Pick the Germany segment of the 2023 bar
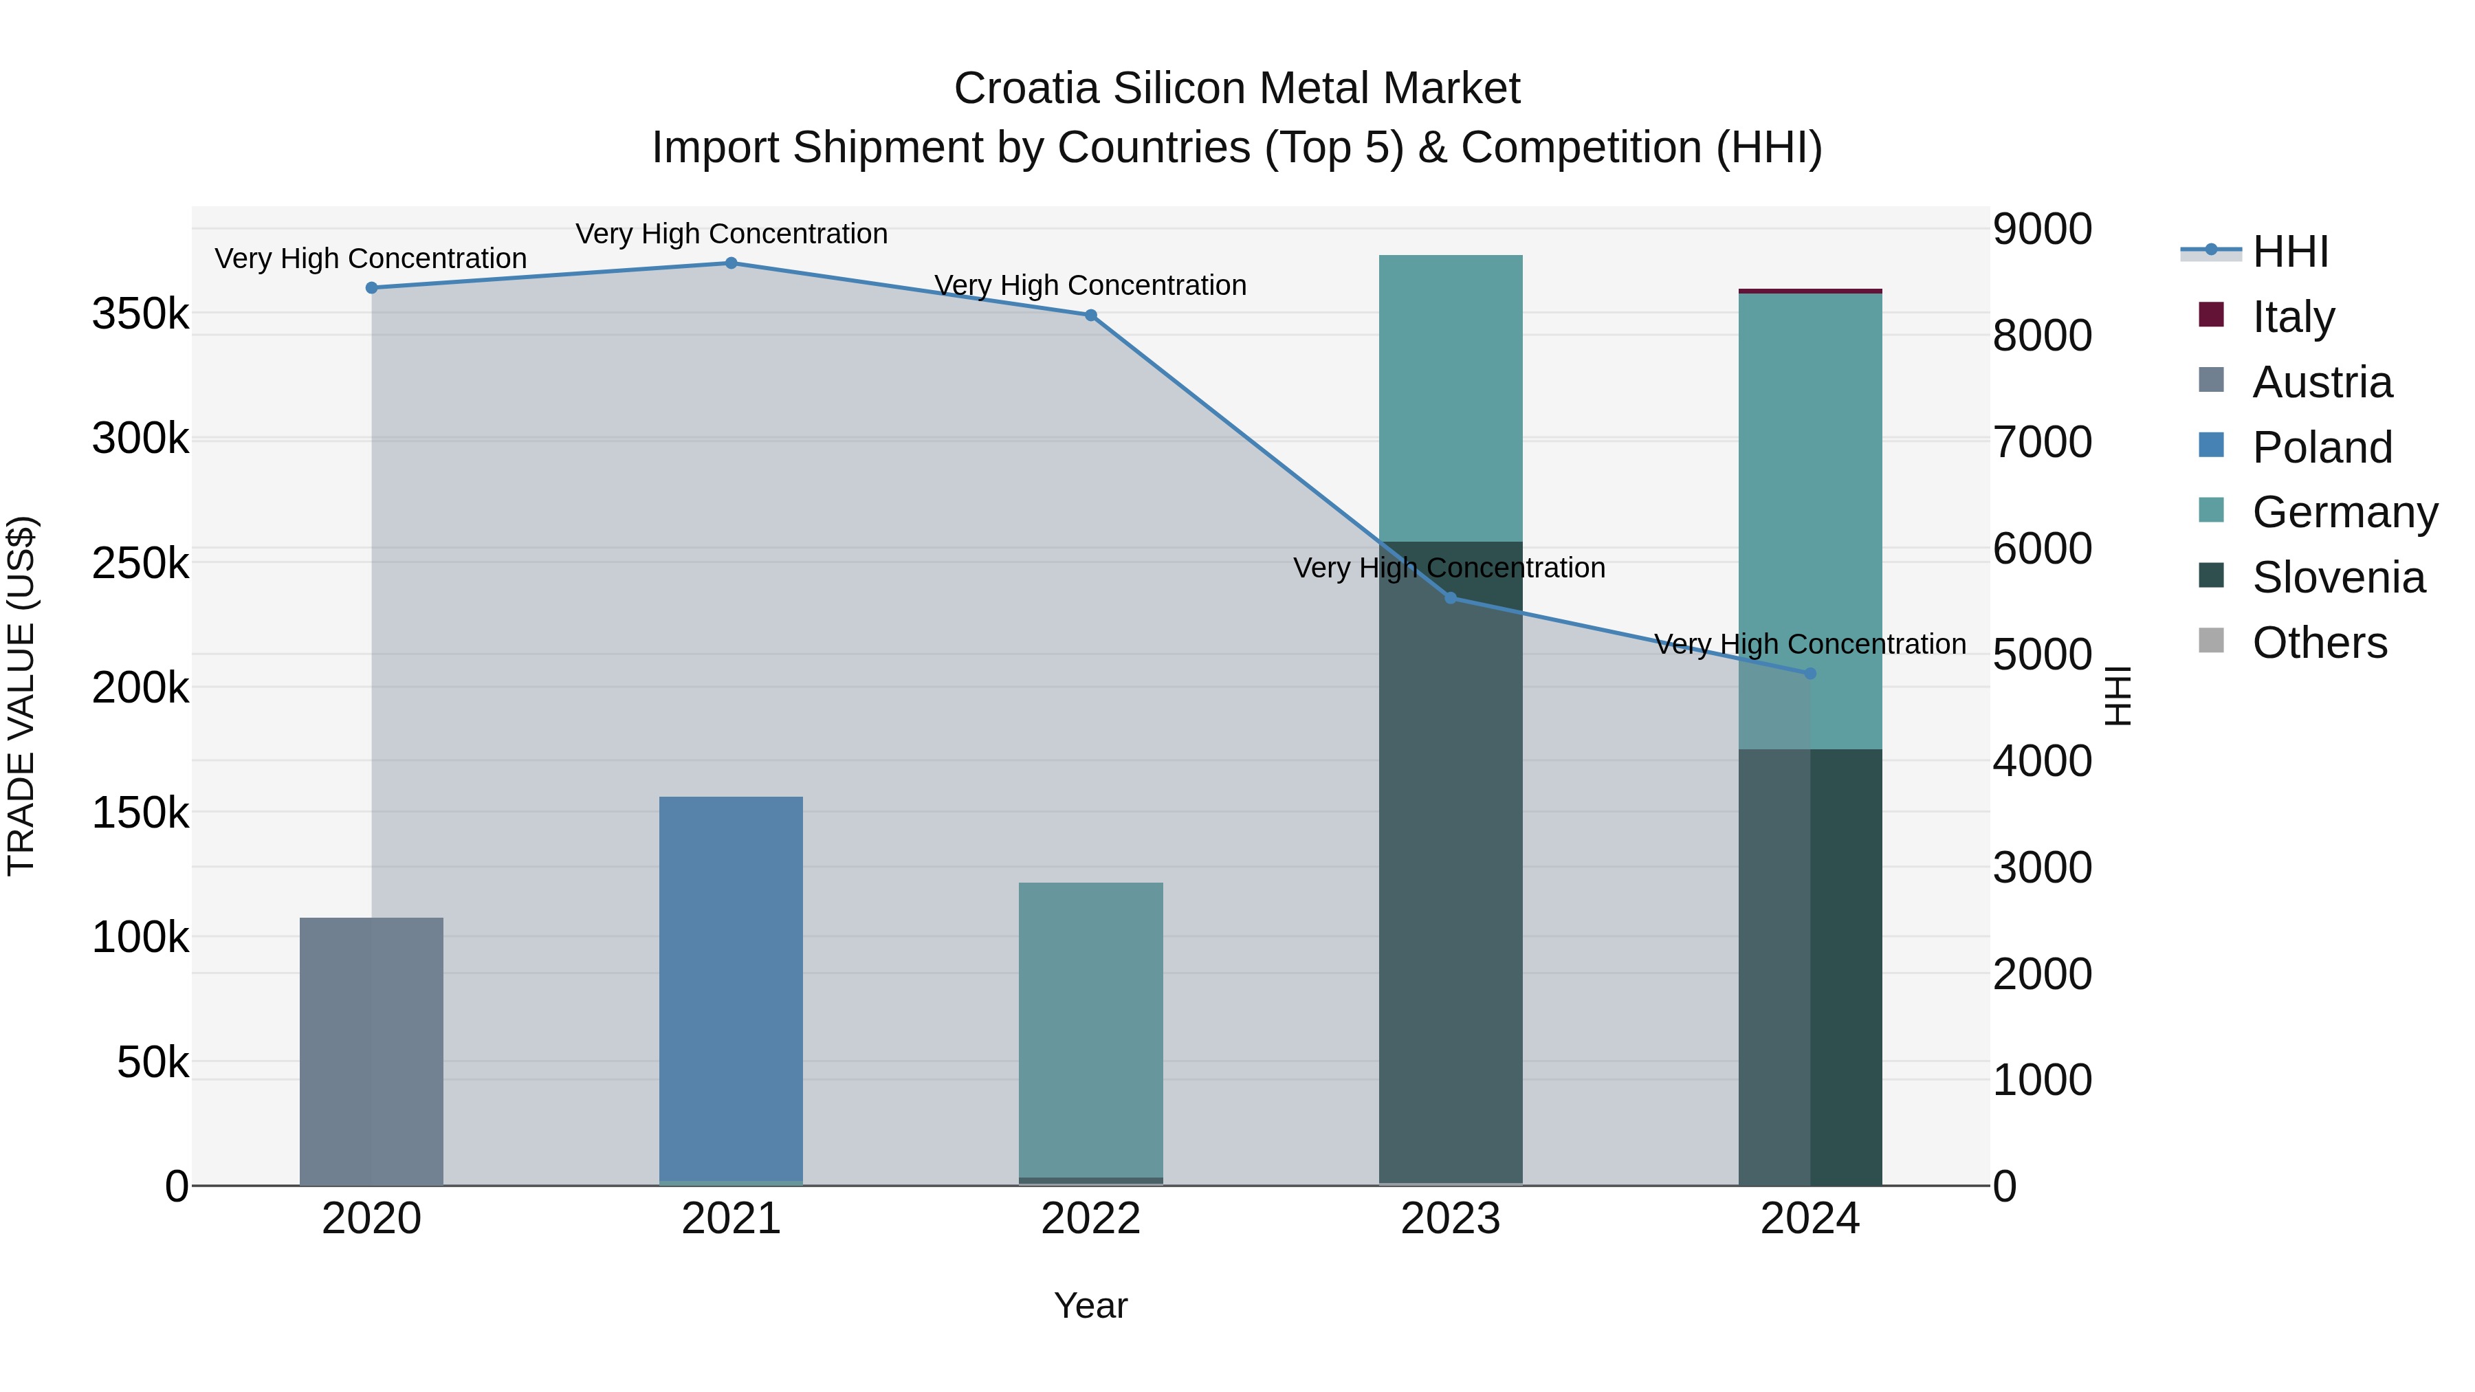click(x=1450, y=398)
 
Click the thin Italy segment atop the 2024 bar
click(x=1809, y=290)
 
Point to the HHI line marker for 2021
click(x=731, y=263)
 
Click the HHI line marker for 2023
click(x=1451, y=599)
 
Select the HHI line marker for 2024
click(x=1810, y=674)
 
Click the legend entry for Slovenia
click(x=2337, y=577)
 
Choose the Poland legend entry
click(x=2320, y=448)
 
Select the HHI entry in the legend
click(x=2289, y=252)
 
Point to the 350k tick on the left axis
click(x=140, y=314)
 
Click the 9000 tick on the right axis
click(x=2042, y=230)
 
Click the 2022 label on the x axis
click(x=1090, y=1219)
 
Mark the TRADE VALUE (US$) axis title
click(x=22, y=696)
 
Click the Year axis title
click(x=1090, y=1305)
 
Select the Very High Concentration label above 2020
click(x=371, y=258)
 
